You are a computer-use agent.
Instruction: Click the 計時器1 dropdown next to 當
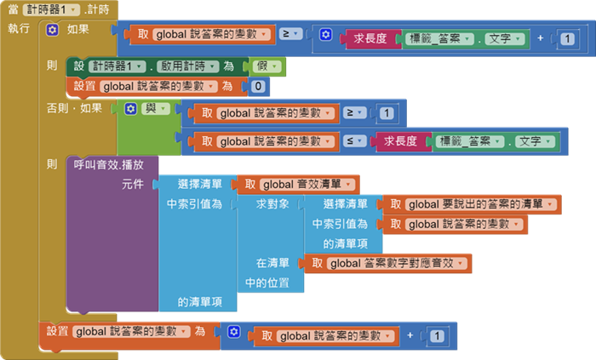(x=52, y=10)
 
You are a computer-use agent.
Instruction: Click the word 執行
(x=19, y=29)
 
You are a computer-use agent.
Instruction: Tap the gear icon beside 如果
(x=52, y=30)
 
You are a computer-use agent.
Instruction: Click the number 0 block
(x=258, y=86)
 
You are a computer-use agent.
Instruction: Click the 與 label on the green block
(x=150, y=108)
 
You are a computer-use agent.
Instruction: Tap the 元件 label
(x=132, y=184)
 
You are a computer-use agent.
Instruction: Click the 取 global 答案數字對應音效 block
(x=388, y=263)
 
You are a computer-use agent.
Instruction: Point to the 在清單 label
(x=272, y=263)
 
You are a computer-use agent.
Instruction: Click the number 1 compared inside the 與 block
(x=387, y=112)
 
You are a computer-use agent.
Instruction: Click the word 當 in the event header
(x=13, y=10)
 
